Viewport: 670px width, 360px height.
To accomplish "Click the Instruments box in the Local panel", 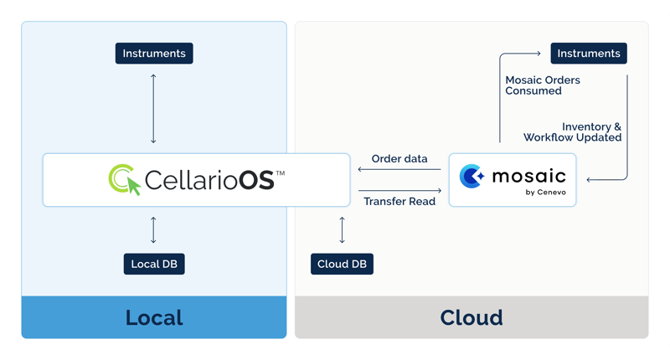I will [154, 54].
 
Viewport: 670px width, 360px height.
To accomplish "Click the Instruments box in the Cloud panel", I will [588, 54].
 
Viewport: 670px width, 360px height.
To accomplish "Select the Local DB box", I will [154, 264].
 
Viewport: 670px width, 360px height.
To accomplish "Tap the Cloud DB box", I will [342, 264].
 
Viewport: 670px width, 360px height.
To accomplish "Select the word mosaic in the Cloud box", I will [529, 175].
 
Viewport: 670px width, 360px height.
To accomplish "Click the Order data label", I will [399, 159].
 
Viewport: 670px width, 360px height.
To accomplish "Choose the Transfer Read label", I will [399, 201].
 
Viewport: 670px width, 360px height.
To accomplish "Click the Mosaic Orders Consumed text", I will [542, 85].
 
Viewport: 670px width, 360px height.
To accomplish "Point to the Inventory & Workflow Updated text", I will [573, 131].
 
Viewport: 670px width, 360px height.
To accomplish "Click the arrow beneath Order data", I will [399, 170].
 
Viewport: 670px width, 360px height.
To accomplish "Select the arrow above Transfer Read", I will [399, 190].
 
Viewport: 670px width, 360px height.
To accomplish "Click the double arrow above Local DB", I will [153, 229].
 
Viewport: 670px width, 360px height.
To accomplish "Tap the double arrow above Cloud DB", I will [342, 229].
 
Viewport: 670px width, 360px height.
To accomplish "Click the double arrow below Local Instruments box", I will [153, 108].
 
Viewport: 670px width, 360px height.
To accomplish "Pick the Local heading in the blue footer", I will [154, 317].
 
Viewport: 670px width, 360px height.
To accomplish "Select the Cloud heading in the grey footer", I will [472, 317].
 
